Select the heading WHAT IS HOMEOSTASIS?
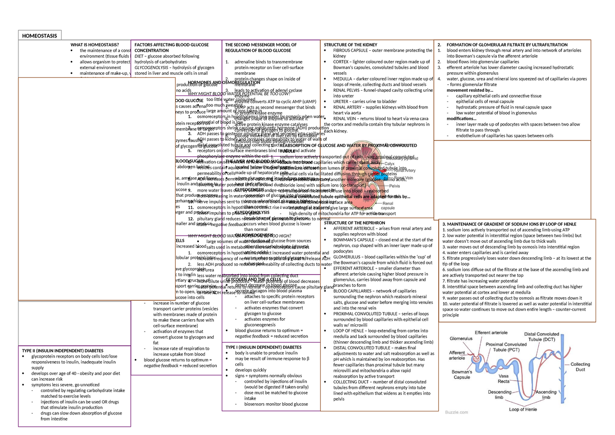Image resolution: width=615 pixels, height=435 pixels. [95, 45]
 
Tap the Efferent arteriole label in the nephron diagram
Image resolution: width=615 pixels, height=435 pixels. [490, 333]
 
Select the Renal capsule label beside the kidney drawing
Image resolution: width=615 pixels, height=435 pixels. [387, 205]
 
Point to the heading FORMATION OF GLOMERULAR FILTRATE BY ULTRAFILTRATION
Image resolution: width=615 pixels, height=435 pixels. [504, 45]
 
